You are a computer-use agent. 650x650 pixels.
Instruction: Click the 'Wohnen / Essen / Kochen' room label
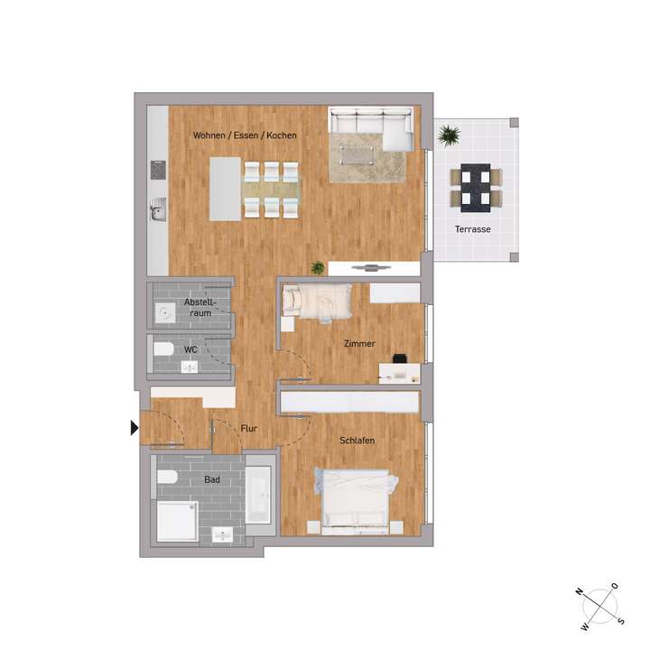245,135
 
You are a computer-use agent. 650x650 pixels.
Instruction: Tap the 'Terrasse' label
472,229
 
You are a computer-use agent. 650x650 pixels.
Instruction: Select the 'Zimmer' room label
359,344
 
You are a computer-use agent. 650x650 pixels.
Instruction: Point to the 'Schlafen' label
357,440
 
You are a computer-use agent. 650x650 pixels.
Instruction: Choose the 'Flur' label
249,430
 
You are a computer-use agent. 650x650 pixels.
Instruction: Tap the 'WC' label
190,349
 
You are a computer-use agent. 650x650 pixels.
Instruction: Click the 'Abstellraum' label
198,307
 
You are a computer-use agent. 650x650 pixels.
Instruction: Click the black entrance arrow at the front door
135,428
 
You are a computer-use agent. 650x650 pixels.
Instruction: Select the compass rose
599,603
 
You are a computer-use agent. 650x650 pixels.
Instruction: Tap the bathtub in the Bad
259,495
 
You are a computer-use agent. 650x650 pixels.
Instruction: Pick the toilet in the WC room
163,349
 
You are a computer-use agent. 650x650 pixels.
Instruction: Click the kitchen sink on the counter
158,210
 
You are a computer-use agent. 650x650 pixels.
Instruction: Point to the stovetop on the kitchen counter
158,170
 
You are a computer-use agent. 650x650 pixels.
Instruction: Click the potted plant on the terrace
449,136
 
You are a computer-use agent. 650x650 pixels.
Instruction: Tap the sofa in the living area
371,125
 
